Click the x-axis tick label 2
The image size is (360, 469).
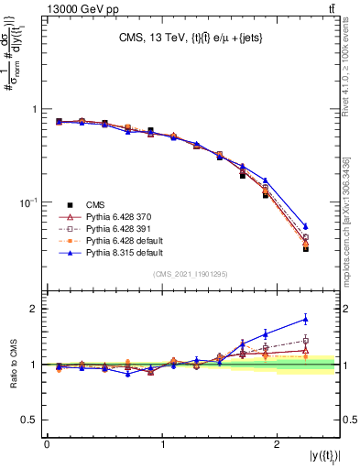coord(279,444)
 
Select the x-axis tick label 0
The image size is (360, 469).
coord(47,444)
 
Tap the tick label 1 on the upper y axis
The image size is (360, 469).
coord(34,109)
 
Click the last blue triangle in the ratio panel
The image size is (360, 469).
coord(306,319)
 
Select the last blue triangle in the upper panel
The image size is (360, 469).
coord(306,225)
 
